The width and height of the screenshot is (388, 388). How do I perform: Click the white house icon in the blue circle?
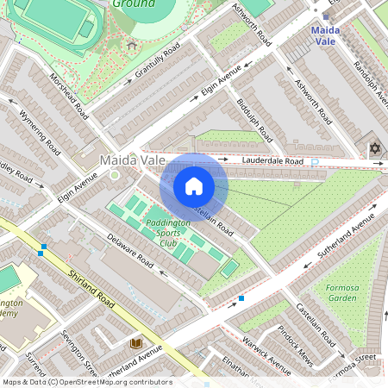click(x=194, y=186)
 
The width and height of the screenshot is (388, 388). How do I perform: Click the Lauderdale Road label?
click(x=272, y=161)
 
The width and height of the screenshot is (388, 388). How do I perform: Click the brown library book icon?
click(x=135, y=343)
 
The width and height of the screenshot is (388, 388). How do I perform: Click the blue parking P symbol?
click(x=315, y=161)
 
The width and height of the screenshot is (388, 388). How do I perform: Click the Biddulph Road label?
click(x=255, y=121)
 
